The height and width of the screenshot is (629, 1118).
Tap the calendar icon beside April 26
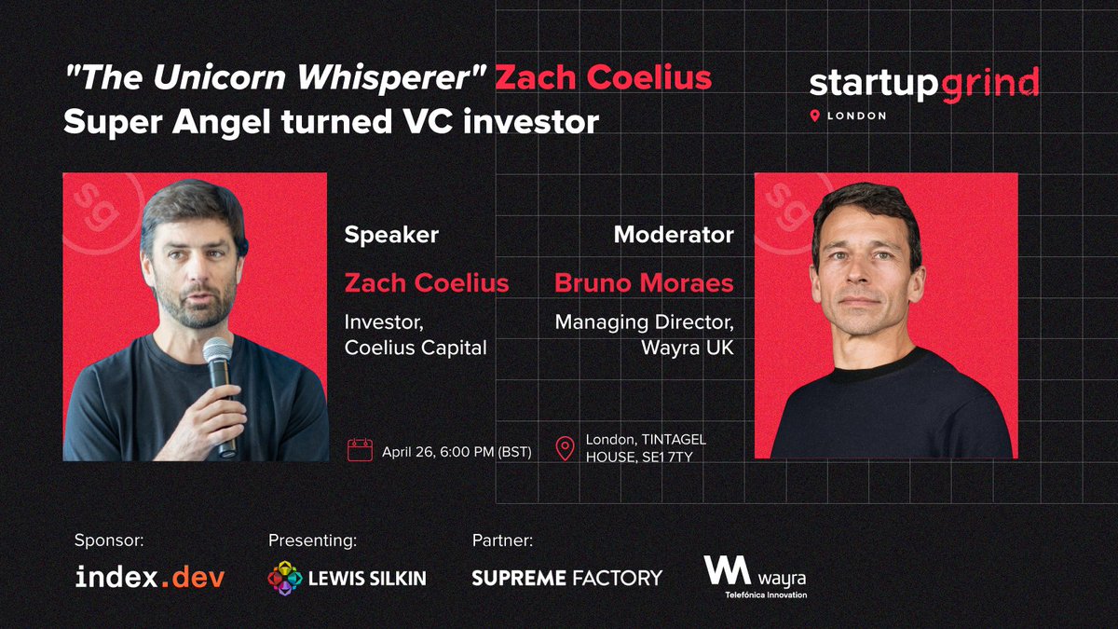point(360,450)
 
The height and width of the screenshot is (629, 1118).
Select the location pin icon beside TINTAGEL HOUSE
point(565,448)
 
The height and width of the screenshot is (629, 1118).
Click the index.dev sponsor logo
point(150,578)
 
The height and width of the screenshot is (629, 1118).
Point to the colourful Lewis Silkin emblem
point(284,578)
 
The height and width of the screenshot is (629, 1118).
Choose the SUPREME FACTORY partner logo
point(566,578)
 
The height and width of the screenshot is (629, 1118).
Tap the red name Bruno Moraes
point(644,282)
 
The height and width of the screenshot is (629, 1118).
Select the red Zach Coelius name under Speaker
point(427,282)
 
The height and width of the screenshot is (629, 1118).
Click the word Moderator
point(674,235)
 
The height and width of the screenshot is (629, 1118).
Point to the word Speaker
point(391,235)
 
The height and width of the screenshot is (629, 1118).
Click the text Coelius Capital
point(416,350)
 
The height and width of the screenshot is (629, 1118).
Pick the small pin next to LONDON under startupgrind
point(815,116)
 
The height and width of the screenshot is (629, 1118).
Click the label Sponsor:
point(110,540)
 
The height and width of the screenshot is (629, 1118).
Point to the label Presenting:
point(312,540)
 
